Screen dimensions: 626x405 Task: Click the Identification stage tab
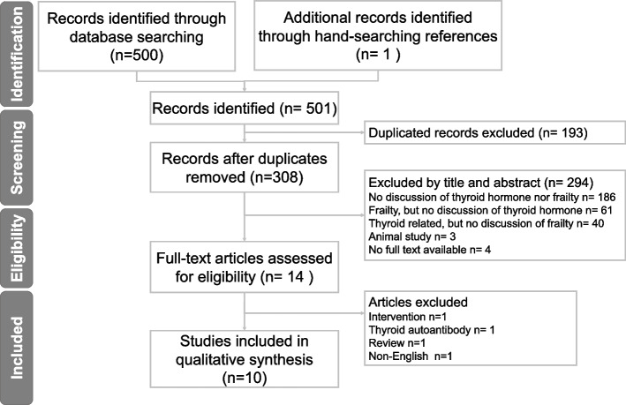17,53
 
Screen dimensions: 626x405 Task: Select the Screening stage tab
17,158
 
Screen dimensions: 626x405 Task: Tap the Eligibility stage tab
17,248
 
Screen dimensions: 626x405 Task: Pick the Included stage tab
17,348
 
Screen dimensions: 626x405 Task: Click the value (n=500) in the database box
137,55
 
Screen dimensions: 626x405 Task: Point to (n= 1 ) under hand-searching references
378,55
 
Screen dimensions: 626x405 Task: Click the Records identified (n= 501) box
245,109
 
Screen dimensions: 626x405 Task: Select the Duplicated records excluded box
494,132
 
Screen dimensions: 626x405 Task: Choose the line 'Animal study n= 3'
412,236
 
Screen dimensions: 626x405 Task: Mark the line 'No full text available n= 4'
430,250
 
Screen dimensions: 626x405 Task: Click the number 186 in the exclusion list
607,197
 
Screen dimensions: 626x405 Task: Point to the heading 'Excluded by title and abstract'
455,183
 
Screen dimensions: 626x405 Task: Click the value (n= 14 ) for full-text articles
287,276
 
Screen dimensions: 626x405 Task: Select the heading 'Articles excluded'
418,302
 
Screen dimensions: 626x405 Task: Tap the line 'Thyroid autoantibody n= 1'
432,330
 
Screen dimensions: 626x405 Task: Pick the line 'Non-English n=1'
411,356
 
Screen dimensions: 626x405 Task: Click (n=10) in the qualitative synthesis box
245,378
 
